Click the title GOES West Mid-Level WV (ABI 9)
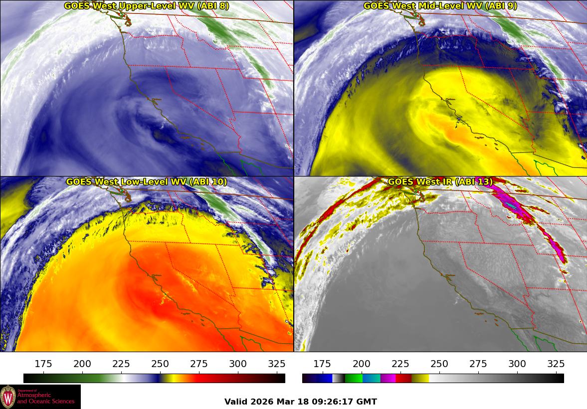[x=440, y=6]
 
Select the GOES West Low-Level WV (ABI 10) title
[x=147, y=182]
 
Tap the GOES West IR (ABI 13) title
[x=440, y=182]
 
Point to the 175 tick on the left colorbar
[x=43, y=364]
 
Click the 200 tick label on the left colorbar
[x=82, y=364]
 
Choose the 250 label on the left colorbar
[x=160, y=364]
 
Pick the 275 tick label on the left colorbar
[x=199, y=364]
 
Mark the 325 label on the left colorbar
[x=277, y=364]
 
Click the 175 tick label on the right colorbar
[x=322, y=364]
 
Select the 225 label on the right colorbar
[x=400, y=364]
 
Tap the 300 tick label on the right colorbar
[x=517, y=364]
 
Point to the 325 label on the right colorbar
[x=556, y=364]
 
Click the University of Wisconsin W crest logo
[x=8, y=397]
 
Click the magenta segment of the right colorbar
[x=388, y=378]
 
